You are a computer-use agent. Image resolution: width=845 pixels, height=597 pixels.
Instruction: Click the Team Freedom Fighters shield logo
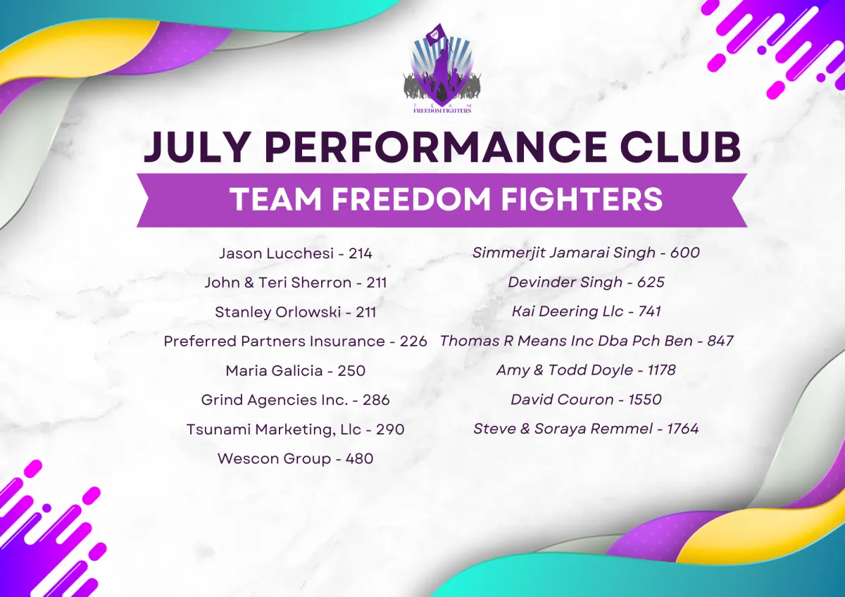(x=442, y=68)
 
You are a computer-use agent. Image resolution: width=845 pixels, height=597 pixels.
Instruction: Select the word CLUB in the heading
(x=680, y=146)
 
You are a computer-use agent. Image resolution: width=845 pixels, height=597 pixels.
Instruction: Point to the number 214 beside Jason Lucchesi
(x=361, y=253)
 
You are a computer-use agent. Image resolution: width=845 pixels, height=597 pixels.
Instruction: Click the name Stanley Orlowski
(x=277, y=313)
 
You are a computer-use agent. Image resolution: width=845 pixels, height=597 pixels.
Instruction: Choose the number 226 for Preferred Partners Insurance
(x=413, y=341)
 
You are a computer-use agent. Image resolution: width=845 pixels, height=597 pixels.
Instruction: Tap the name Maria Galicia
(x=274, y=371)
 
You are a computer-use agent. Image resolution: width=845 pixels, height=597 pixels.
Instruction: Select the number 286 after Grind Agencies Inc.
(x=376, y=400)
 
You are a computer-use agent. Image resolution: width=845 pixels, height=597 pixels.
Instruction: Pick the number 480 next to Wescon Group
(x=360, y=458)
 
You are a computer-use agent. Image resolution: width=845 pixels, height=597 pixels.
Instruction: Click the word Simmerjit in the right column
(x=509, y=253)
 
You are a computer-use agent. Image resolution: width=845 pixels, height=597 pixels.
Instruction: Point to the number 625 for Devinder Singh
(x=651, y=282)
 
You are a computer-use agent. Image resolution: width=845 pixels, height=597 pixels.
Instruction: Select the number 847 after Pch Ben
(x=720, y=341)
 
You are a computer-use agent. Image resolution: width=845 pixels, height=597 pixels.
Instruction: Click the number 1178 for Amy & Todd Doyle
(x=661, y=370)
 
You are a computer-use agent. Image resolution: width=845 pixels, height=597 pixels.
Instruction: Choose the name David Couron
(x=562, y=399)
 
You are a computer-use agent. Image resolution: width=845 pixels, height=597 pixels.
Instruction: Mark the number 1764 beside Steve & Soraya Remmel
(x=683, y=429)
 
